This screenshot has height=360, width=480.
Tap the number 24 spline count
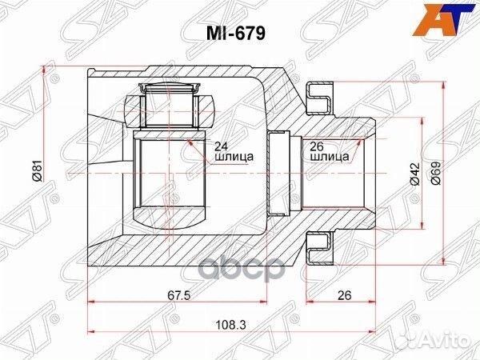[x=222, y=146]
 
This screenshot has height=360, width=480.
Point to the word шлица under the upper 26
[x=327, y=158]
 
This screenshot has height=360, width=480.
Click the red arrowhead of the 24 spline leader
[x=190, y=142]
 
